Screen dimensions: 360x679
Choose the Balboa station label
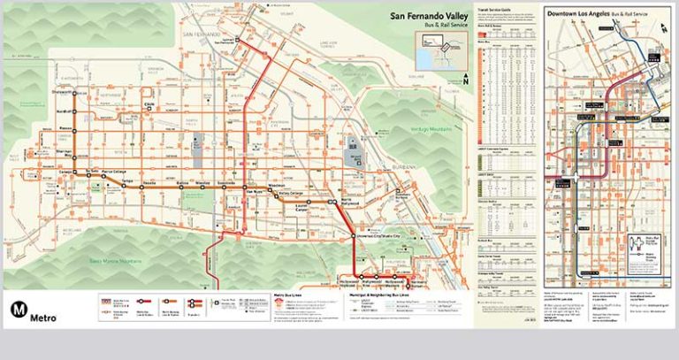click(182, 182)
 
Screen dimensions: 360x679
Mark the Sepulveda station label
click(226, 182)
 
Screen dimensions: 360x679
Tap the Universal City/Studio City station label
click(378, 237)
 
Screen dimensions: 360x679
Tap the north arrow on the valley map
click(466, 78)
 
